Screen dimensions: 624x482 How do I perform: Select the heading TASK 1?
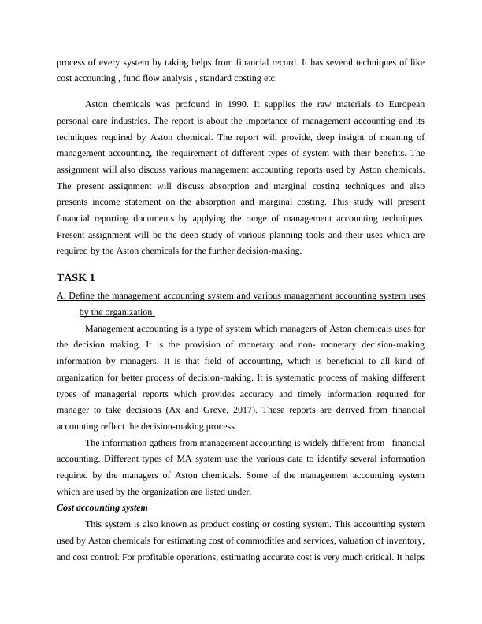[x=76, y=277]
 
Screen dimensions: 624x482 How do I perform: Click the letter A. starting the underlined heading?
[x=61, y=295]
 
